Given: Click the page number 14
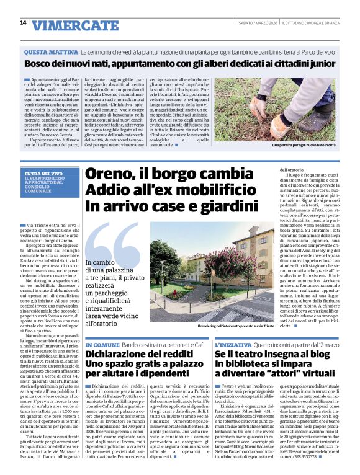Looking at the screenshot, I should click(x=24, y=23).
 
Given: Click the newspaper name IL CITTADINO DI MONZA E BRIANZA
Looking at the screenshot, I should click(x=308, y=22).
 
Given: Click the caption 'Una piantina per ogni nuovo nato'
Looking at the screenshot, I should click(x=303, y=145).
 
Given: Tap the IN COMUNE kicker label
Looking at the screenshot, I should click(x=102, y=344).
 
